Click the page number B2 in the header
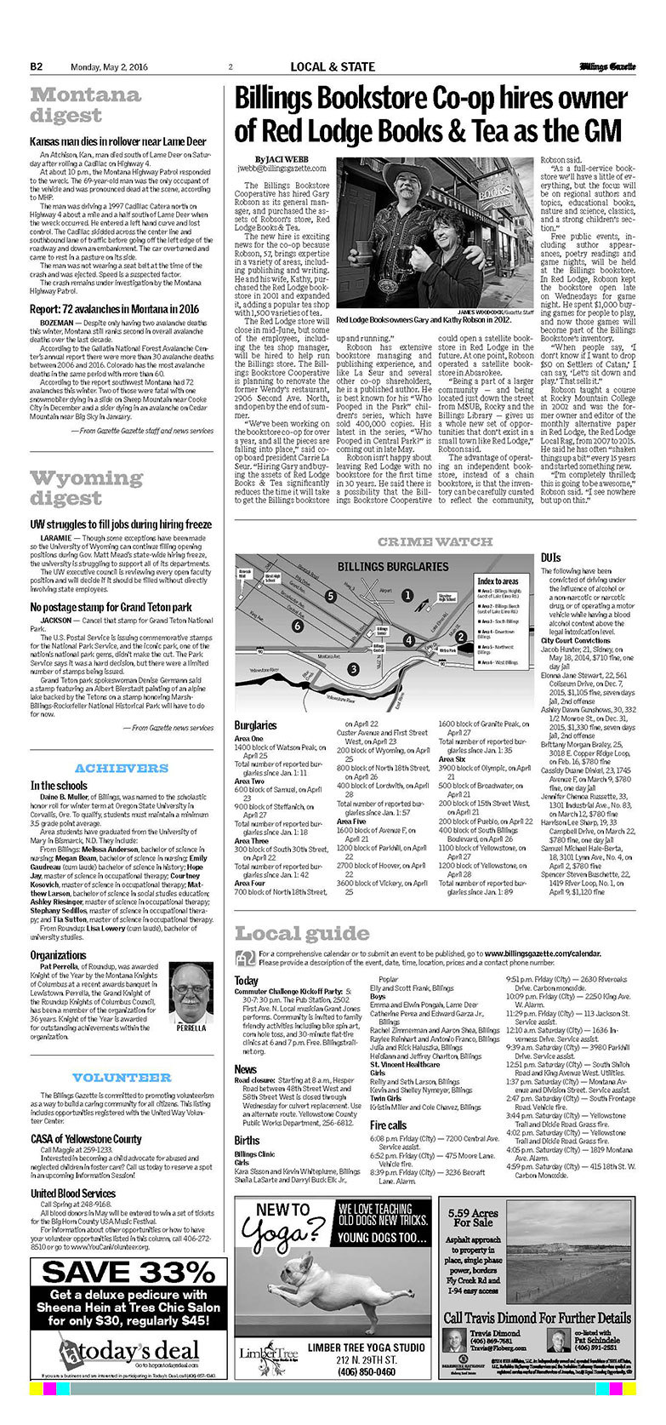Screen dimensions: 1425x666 click(37, 66)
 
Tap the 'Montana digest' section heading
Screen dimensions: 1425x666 click(85, 105)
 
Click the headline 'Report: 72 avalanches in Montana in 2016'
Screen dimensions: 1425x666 click(114, 310)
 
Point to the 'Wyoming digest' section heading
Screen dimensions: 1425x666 click(86, 488)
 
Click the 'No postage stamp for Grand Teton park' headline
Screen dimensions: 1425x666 click(111, 607)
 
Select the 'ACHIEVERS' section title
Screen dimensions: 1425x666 click(122, 768)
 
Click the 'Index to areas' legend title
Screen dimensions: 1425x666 click(498, 581)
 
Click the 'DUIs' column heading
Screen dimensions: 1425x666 click(550, 558)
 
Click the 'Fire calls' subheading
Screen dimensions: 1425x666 click(388, 1125)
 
